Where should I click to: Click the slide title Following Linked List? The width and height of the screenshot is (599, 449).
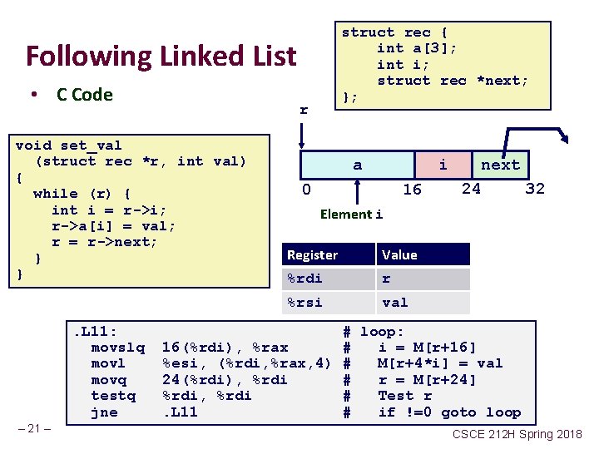pyautogui.click(x=161, y=57)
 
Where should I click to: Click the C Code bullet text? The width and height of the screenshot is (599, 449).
pyautogui.click(x=84, y=95)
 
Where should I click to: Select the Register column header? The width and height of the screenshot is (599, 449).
pyautogui.click(x=312, y=254)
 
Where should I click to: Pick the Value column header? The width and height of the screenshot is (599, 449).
pyautogui.click(x=399, y=254)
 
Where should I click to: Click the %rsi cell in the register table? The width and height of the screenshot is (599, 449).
pyautogui.click(x=304, y=303)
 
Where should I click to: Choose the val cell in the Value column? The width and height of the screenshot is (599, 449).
pyautogui.click(x=395, y=303)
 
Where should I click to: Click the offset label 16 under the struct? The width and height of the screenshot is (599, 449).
pyautogui.click(x=412, y=190)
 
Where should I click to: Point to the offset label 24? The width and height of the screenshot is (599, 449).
pyautogui.click(x=471, y=189)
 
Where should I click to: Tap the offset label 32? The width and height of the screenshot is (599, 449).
pyautogui.click(x=535, y=189)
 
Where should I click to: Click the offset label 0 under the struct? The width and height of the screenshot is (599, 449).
pyautogui.click(x=306, y=190)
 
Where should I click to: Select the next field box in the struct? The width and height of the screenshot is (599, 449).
pyautogui.click(x=500, y=165)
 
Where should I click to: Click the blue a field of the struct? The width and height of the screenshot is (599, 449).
pyautogui.click(x=357, y=165)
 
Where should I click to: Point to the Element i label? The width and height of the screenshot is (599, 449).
pyautogui.click(x=351, y=215)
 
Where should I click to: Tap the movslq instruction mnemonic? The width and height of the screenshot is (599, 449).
pyautogui.click(x=117, y=347)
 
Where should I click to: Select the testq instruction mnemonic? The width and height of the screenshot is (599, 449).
pyautogui.click(x=113, y=396)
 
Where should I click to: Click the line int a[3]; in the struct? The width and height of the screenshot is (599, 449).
pyautogui.click(x=417, y=48)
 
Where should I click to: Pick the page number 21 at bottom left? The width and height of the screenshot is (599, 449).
pyautogui.click(x=35, y=428)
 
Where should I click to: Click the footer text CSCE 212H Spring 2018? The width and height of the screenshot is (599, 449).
pyautogui.click(x=517, y=435)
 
